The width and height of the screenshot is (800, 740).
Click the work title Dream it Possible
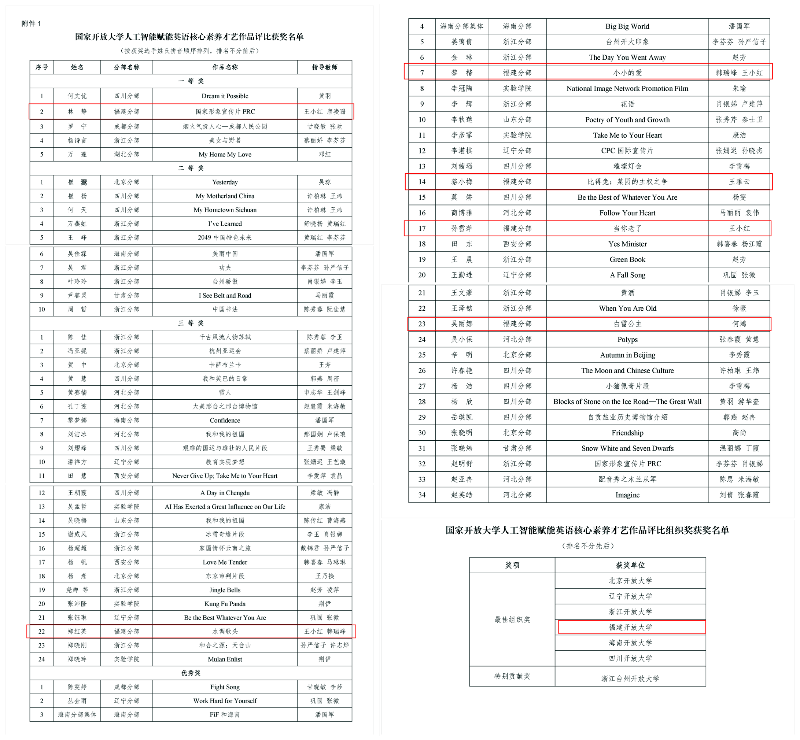(225, 96)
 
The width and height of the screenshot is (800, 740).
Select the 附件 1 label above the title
(31, 23)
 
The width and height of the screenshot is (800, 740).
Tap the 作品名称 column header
(225, 67)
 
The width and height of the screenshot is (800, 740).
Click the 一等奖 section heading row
(191, 81)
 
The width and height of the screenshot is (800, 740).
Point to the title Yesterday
(225, 182)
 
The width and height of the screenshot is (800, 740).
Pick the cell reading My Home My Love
(225, 155)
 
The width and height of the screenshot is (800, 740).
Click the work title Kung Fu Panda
(225, 604)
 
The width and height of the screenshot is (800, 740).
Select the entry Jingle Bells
(225, 590)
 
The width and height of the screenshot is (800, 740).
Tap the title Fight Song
(225, 687)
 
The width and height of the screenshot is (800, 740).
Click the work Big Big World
(627, 26)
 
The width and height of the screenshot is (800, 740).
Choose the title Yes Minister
(627, 244)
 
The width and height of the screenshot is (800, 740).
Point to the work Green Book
(627, 259)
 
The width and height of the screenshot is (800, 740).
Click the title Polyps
(627, 340)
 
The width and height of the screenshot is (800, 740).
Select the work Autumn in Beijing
(627, 355)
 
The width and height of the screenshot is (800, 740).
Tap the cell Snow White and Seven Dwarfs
(627, 448)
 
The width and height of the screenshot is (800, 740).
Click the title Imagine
(627, 495)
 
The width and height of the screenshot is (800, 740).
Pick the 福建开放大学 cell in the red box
(630, 628)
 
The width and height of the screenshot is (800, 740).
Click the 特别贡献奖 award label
(512, 676)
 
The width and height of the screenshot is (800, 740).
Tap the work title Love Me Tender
(225, 562)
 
